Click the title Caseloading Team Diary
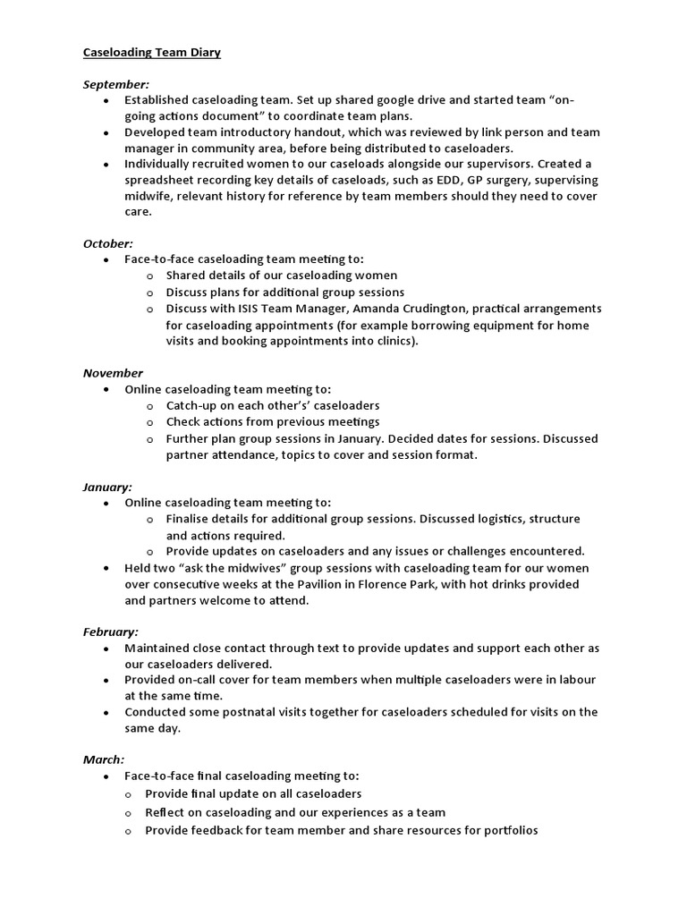coord(151,53)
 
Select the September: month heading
coord(116,84)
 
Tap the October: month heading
coord(108,243)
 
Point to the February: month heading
coord(111,632)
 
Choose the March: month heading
coord(104,759)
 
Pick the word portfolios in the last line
coord(506,830)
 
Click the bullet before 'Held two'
coord(106,569)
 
